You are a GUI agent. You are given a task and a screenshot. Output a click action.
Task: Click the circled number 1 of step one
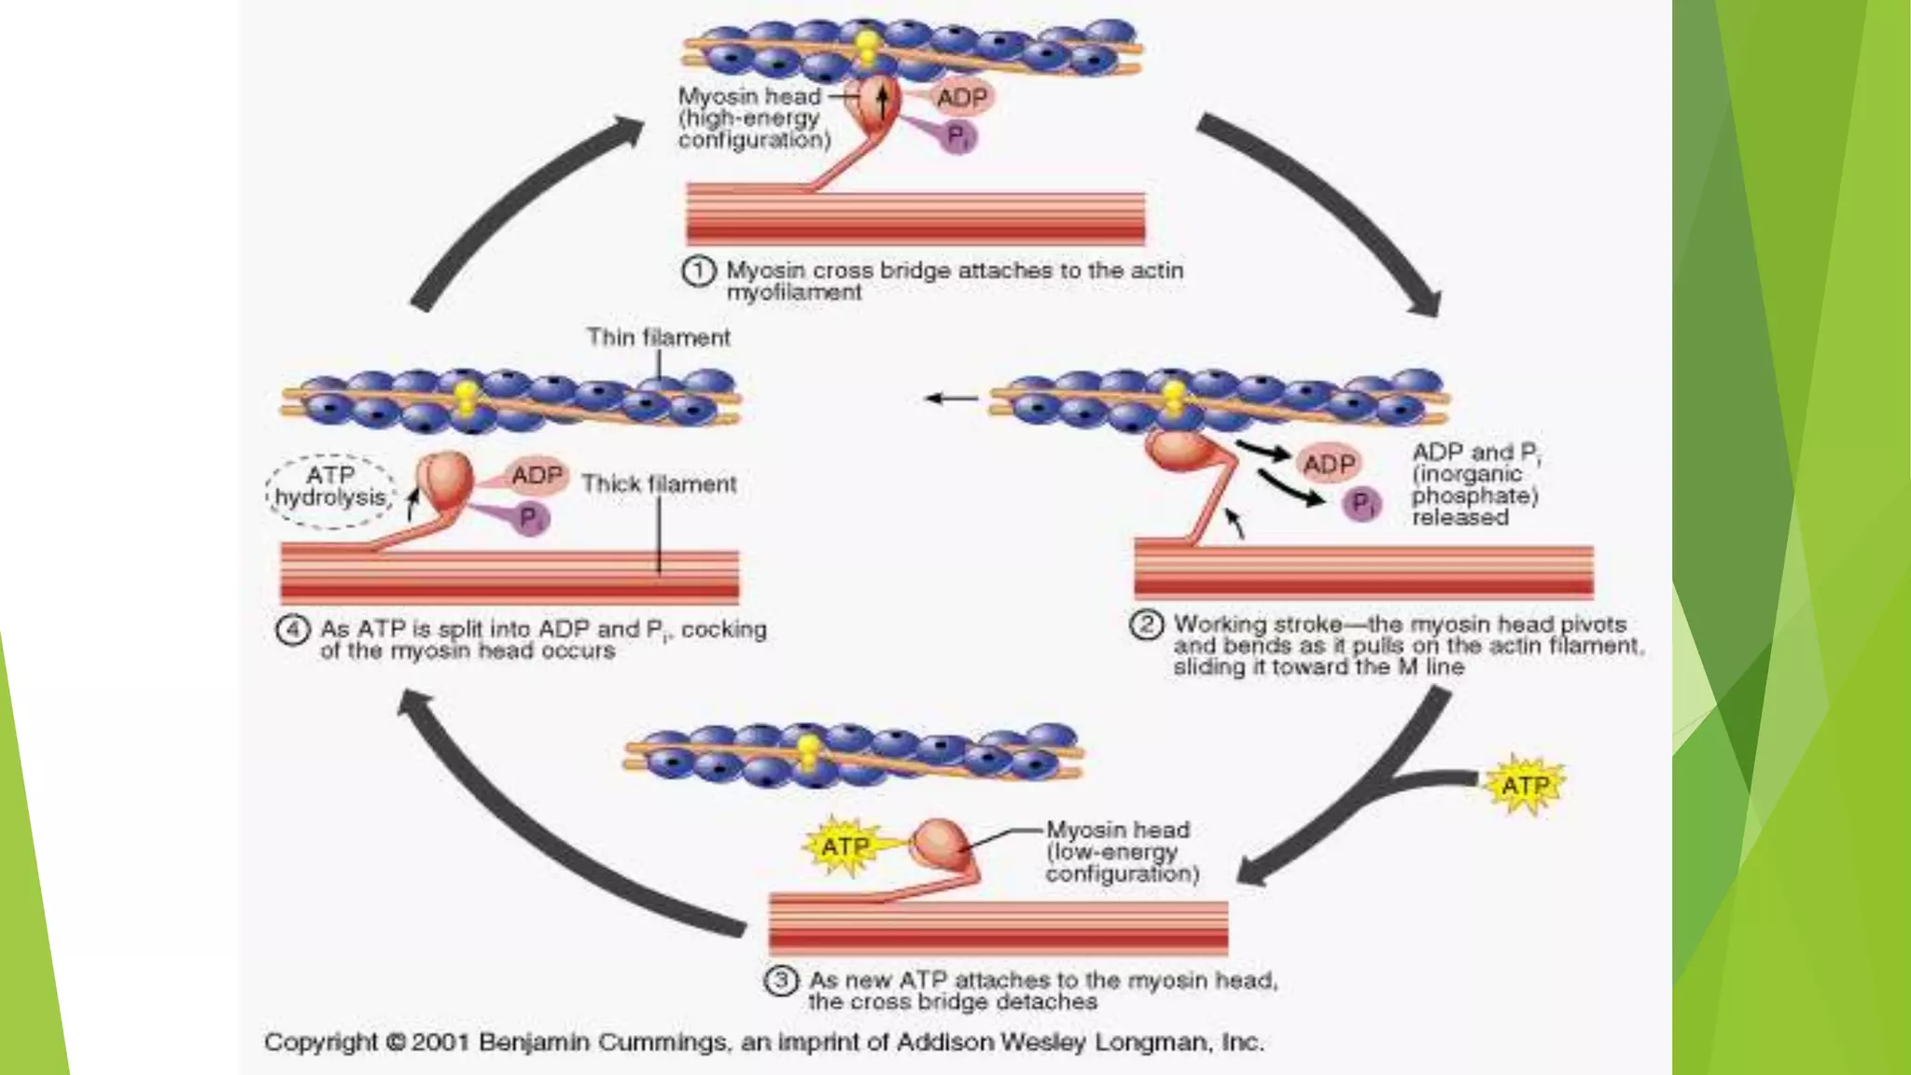pos(699,272)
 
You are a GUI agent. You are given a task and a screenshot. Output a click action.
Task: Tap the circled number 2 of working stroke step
pos(1147,624)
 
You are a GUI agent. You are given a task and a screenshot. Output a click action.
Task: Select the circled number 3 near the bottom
pos(781,981)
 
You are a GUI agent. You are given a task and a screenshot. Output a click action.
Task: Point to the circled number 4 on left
pos(292,630)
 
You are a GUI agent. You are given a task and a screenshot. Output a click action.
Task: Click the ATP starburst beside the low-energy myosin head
pos(844,846)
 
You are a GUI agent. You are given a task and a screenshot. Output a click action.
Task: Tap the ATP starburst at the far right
pos(1525,786)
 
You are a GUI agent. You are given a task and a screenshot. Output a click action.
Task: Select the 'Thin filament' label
pos(658,338)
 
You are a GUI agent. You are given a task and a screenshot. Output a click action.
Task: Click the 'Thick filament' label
pos(659,484)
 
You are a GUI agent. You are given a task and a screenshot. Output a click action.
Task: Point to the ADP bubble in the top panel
pos(961,98)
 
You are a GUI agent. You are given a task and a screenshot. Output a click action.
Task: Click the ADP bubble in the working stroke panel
pos(1329,464)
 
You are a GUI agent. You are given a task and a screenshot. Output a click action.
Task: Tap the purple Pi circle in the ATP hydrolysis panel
pos(530,517)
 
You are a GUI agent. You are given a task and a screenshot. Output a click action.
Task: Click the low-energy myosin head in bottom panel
pos(940,844)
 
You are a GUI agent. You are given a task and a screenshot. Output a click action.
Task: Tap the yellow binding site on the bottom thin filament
pos(809,751)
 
